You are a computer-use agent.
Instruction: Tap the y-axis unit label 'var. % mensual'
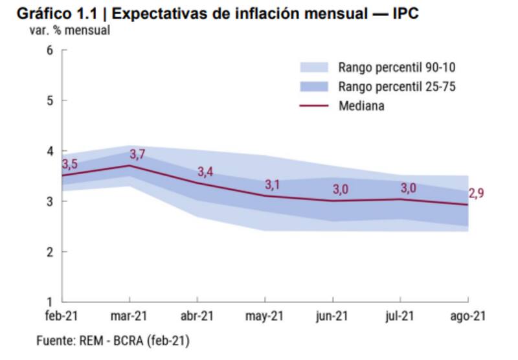click(x=70, y=30)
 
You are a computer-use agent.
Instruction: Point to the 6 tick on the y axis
click(x=49, y=51)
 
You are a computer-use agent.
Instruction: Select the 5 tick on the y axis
click(x=49, y=100)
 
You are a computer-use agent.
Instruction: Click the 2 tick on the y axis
click(x=49, y=251)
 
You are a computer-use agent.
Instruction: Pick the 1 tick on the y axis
click(x=49, y=301)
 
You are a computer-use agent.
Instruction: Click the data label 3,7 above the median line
click(x=138, y=155)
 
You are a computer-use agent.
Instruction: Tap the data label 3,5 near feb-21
click(x=70, y=164)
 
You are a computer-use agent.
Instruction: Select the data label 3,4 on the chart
click(x=205, y=172)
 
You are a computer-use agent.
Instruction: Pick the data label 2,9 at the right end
click(x=477, y=193)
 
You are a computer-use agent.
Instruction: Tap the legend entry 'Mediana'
click(x=361, y=106)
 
